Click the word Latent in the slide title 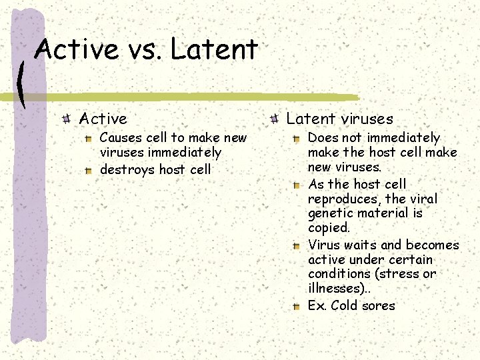click(214, 50)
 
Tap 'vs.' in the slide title click(143, 50)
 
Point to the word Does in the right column click(323, 138)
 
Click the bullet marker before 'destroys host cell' click(89, 171)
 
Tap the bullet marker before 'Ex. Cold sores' click(297, 307)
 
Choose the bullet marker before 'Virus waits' click(297, 245)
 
